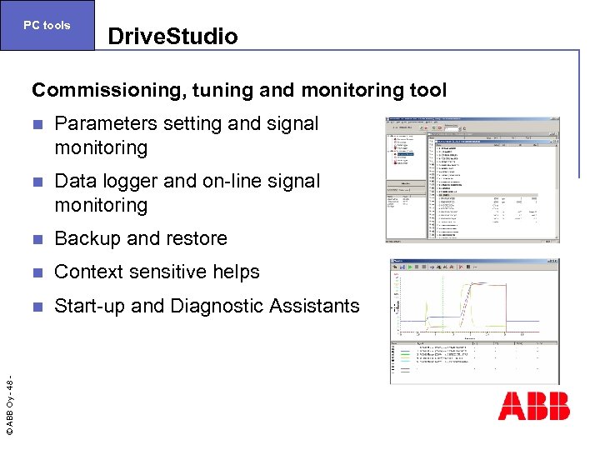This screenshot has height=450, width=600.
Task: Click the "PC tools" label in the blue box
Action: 47,25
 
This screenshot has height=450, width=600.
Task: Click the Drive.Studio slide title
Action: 172,37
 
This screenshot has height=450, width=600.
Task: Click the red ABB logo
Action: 533,406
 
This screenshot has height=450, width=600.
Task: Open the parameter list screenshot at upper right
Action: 472,179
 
